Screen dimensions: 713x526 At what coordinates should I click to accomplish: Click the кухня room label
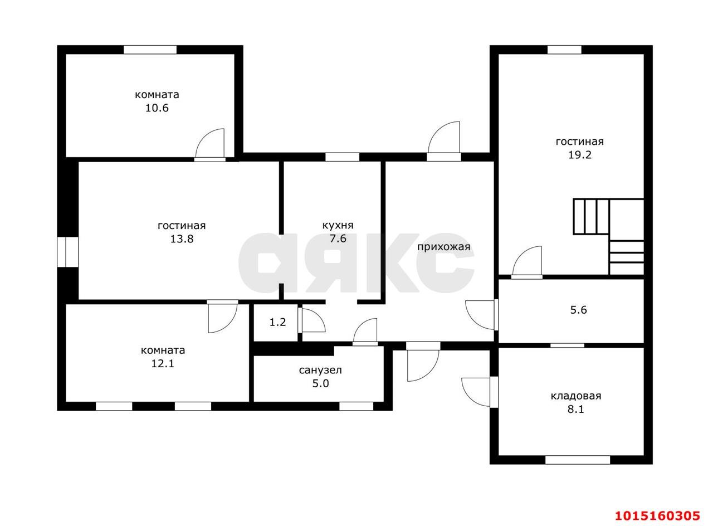click(x=338, y=226)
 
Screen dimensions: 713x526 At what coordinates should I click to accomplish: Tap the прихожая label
click(x=443, y=247)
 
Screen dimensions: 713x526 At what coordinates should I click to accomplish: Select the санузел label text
click(x=320, y=370)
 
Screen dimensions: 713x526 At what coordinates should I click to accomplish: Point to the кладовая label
click(x=576, y=396)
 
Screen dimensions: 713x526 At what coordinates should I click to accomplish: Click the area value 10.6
click(x=157, y=108)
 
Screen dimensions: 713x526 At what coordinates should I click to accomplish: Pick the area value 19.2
click(x=580, y=155)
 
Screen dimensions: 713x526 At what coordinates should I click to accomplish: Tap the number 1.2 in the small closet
click(x=277, y=322)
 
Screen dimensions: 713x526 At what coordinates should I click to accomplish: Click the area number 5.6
click(x=578, y=310)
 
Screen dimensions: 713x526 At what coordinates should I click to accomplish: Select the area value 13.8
click(x=182, y=239)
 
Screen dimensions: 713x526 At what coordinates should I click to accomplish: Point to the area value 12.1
click(x=162, y=363)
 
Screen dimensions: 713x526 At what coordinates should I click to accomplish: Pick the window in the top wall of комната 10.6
click(x=150, y=50)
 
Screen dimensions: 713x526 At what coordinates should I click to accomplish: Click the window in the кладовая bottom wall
click(x=578, y=460)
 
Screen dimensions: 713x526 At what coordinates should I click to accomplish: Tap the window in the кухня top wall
click(x=342, y=157)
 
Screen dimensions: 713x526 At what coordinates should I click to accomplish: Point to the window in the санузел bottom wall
click(x=356, y=406)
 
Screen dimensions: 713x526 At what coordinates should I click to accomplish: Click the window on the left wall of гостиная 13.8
click(x=67, y=252)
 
